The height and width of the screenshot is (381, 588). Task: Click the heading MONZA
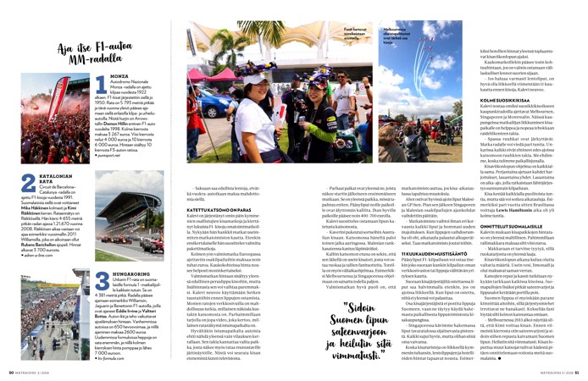[x=119, y=75]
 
